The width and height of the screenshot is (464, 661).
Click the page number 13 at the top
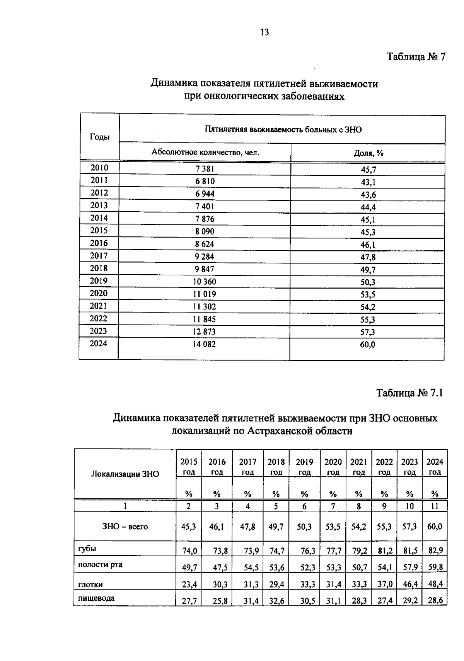(264, 32)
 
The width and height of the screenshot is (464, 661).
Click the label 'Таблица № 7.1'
(409, 393)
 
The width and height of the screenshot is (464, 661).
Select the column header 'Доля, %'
(368, 153)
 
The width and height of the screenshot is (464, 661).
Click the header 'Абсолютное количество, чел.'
(205, 152)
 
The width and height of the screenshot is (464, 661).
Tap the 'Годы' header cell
(99, 137)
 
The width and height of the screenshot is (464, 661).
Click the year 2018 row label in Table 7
(99, 268)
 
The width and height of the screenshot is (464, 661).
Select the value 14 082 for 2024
(204, 344)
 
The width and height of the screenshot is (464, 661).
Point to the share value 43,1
(368, 182)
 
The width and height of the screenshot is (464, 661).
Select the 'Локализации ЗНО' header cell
(125, 474)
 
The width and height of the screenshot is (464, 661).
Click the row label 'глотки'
(90, 585)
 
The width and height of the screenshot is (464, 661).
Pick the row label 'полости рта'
(100, 564)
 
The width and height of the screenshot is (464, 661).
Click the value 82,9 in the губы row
(435, 551)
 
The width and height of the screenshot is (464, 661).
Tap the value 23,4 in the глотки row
(189, 585)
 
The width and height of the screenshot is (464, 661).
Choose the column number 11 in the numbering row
(435, 506)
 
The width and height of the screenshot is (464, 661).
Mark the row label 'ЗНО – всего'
(125, 527)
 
